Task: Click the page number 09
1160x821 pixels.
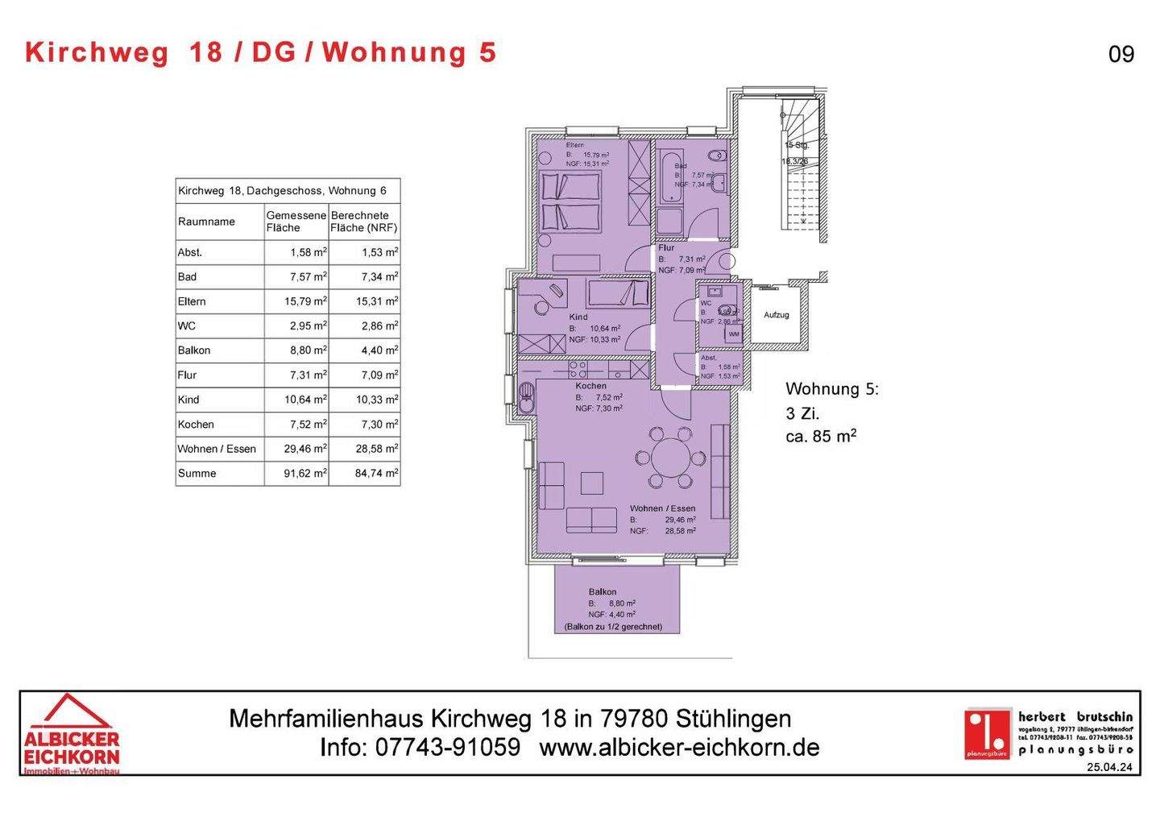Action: [1121, 54]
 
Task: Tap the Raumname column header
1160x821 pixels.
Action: [206, 222]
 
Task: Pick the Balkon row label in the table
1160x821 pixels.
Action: [194, 350]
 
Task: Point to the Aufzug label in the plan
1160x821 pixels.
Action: [777, 315]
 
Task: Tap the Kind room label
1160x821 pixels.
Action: [578, 317]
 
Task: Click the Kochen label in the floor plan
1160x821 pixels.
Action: [590, 386]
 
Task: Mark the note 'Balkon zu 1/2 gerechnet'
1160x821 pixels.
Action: [613, 626]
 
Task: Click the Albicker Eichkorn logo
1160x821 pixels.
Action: [71, 733]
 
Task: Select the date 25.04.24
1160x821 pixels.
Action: [1109, 768]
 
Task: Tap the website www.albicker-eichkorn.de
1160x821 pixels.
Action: [679, 747]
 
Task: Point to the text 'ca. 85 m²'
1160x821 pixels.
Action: [820, 437]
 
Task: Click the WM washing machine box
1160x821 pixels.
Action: [734, 334]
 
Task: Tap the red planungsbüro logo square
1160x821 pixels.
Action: [988, 732]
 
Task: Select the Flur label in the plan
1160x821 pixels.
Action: [666, 248]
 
